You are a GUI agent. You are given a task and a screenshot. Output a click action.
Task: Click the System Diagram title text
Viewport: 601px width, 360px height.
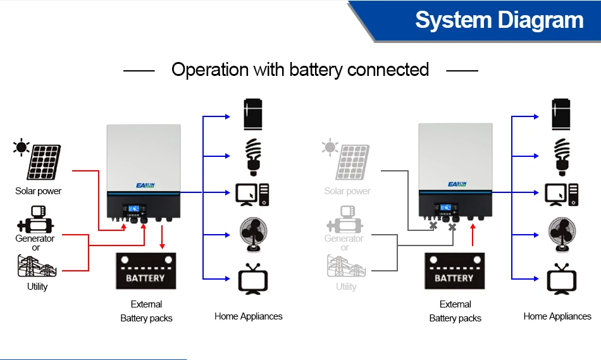499,20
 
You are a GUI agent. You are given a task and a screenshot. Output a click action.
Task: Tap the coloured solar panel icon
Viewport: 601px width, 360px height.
43,162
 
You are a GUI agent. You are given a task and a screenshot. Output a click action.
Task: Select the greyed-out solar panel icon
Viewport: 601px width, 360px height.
352,162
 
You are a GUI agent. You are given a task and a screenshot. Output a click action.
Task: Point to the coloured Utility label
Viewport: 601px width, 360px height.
37,287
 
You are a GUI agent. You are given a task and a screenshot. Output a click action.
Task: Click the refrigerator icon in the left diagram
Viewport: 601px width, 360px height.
253,115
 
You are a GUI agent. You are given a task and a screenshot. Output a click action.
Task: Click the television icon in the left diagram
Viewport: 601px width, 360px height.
253,279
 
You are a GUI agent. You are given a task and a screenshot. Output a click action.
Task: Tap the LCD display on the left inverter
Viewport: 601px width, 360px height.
135,208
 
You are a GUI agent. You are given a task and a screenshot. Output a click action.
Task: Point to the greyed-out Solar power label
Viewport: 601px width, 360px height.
347,191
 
